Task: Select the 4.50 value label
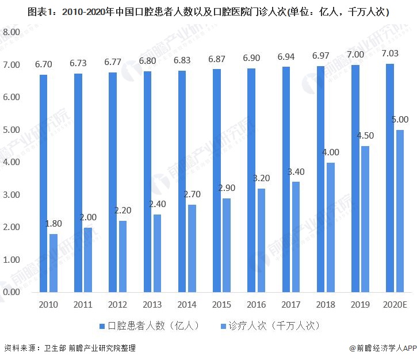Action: (x=365, y=136)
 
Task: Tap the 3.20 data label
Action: (x=261, y=178)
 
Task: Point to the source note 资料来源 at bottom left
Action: (x=70, y=348)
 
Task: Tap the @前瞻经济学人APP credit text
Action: (x=382, y=348)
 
